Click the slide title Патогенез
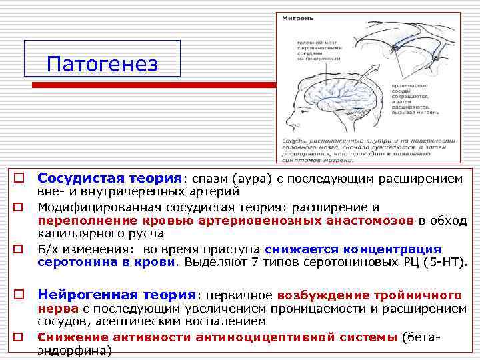[103, 65]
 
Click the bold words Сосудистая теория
[109, 179]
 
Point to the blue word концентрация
[399, 249]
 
